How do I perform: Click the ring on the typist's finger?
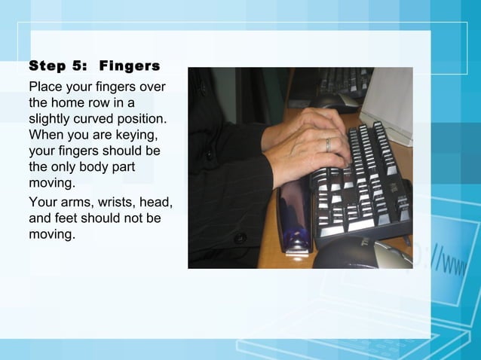[328, 144]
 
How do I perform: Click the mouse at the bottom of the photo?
[362, 254]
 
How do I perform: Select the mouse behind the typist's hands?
[337, 102]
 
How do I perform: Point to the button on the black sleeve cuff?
[240, 238]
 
